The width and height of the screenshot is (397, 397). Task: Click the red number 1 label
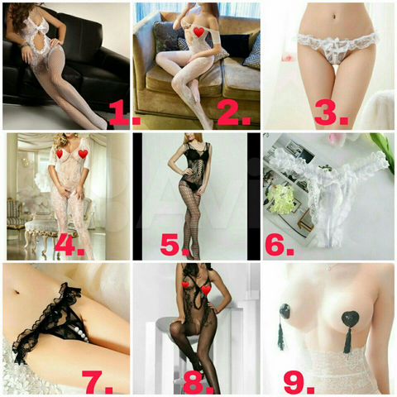click(x=125, y=114)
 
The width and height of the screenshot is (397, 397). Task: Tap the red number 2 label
click(x=234, y=113)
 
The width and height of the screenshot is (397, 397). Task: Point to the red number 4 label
click(x=69, y=245)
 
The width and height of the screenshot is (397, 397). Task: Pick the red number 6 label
click(x=280, y=245)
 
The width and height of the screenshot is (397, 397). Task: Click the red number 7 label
click(x=98, y=382)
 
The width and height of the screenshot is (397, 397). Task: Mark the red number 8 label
click(x=198, y=382)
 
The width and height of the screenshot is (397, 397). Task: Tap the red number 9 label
click(x=299, y=382)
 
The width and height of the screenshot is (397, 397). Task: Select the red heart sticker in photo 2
click(x=199, y=32)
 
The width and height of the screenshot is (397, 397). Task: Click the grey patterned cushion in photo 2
click(x=165, y=36)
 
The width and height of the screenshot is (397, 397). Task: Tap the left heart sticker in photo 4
click(x=60, y=154)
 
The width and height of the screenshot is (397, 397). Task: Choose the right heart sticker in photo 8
click(x=207, y=289)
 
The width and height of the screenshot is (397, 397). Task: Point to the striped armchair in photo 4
click(x=15, y=214)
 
